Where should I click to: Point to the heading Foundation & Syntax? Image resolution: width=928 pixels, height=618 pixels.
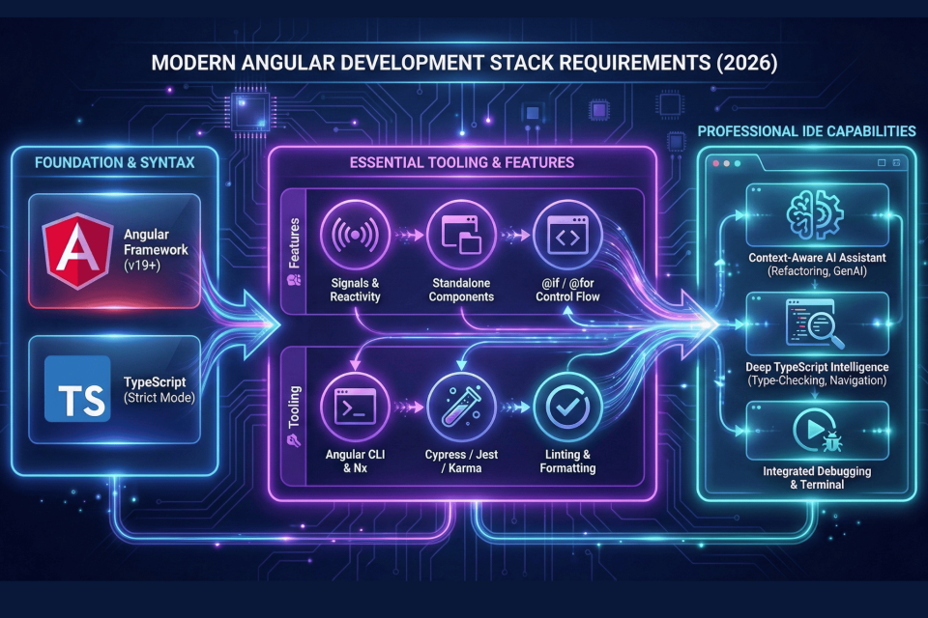[x=114, y=162]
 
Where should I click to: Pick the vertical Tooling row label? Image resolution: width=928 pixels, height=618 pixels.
[x=291, y=415]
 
